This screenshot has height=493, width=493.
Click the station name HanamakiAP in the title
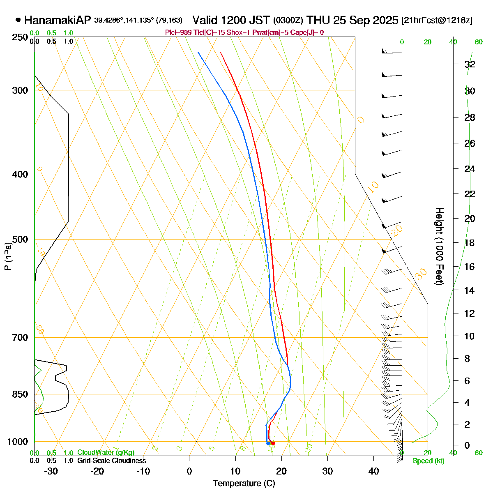point(58,20)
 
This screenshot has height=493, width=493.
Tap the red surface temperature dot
point(273,443)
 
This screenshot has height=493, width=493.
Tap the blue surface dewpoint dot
point(268,443)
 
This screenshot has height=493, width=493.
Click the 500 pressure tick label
point(21,240)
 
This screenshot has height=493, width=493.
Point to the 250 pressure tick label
point(21,37)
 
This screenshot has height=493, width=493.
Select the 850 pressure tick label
point(21,394)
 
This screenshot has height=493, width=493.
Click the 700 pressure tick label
point(21,338)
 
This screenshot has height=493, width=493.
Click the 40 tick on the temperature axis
point(373,471)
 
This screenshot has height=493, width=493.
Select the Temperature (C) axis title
point(244,483)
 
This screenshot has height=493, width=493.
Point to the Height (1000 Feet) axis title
point(439,246)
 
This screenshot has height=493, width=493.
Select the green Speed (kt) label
point(428,461)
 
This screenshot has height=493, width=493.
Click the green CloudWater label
point(106,452)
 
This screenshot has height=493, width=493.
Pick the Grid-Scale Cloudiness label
point(111,461)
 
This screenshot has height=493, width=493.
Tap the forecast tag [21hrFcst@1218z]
point(437,20)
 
